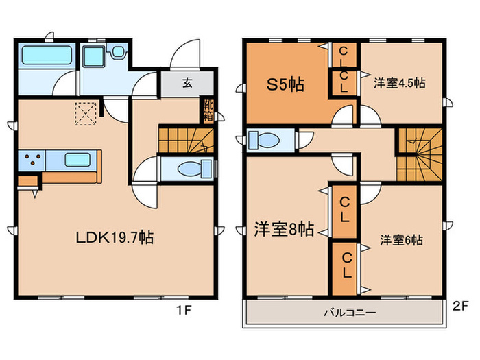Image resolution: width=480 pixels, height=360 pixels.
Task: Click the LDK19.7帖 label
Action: click(x=114, y=238)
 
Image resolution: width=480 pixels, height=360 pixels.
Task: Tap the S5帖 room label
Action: click(x=285, y=86)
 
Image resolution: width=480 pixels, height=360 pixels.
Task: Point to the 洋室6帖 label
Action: click(x=401, y=240)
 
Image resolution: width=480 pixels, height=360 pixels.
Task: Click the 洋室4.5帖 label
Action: click(x=399, y=83)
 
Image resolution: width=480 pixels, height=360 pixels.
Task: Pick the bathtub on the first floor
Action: click(x=44, y=55)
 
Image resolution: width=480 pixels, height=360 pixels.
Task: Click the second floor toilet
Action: click(x=266, y=140)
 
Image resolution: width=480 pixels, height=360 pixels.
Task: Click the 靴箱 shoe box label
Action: click(x=206, y=110)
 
